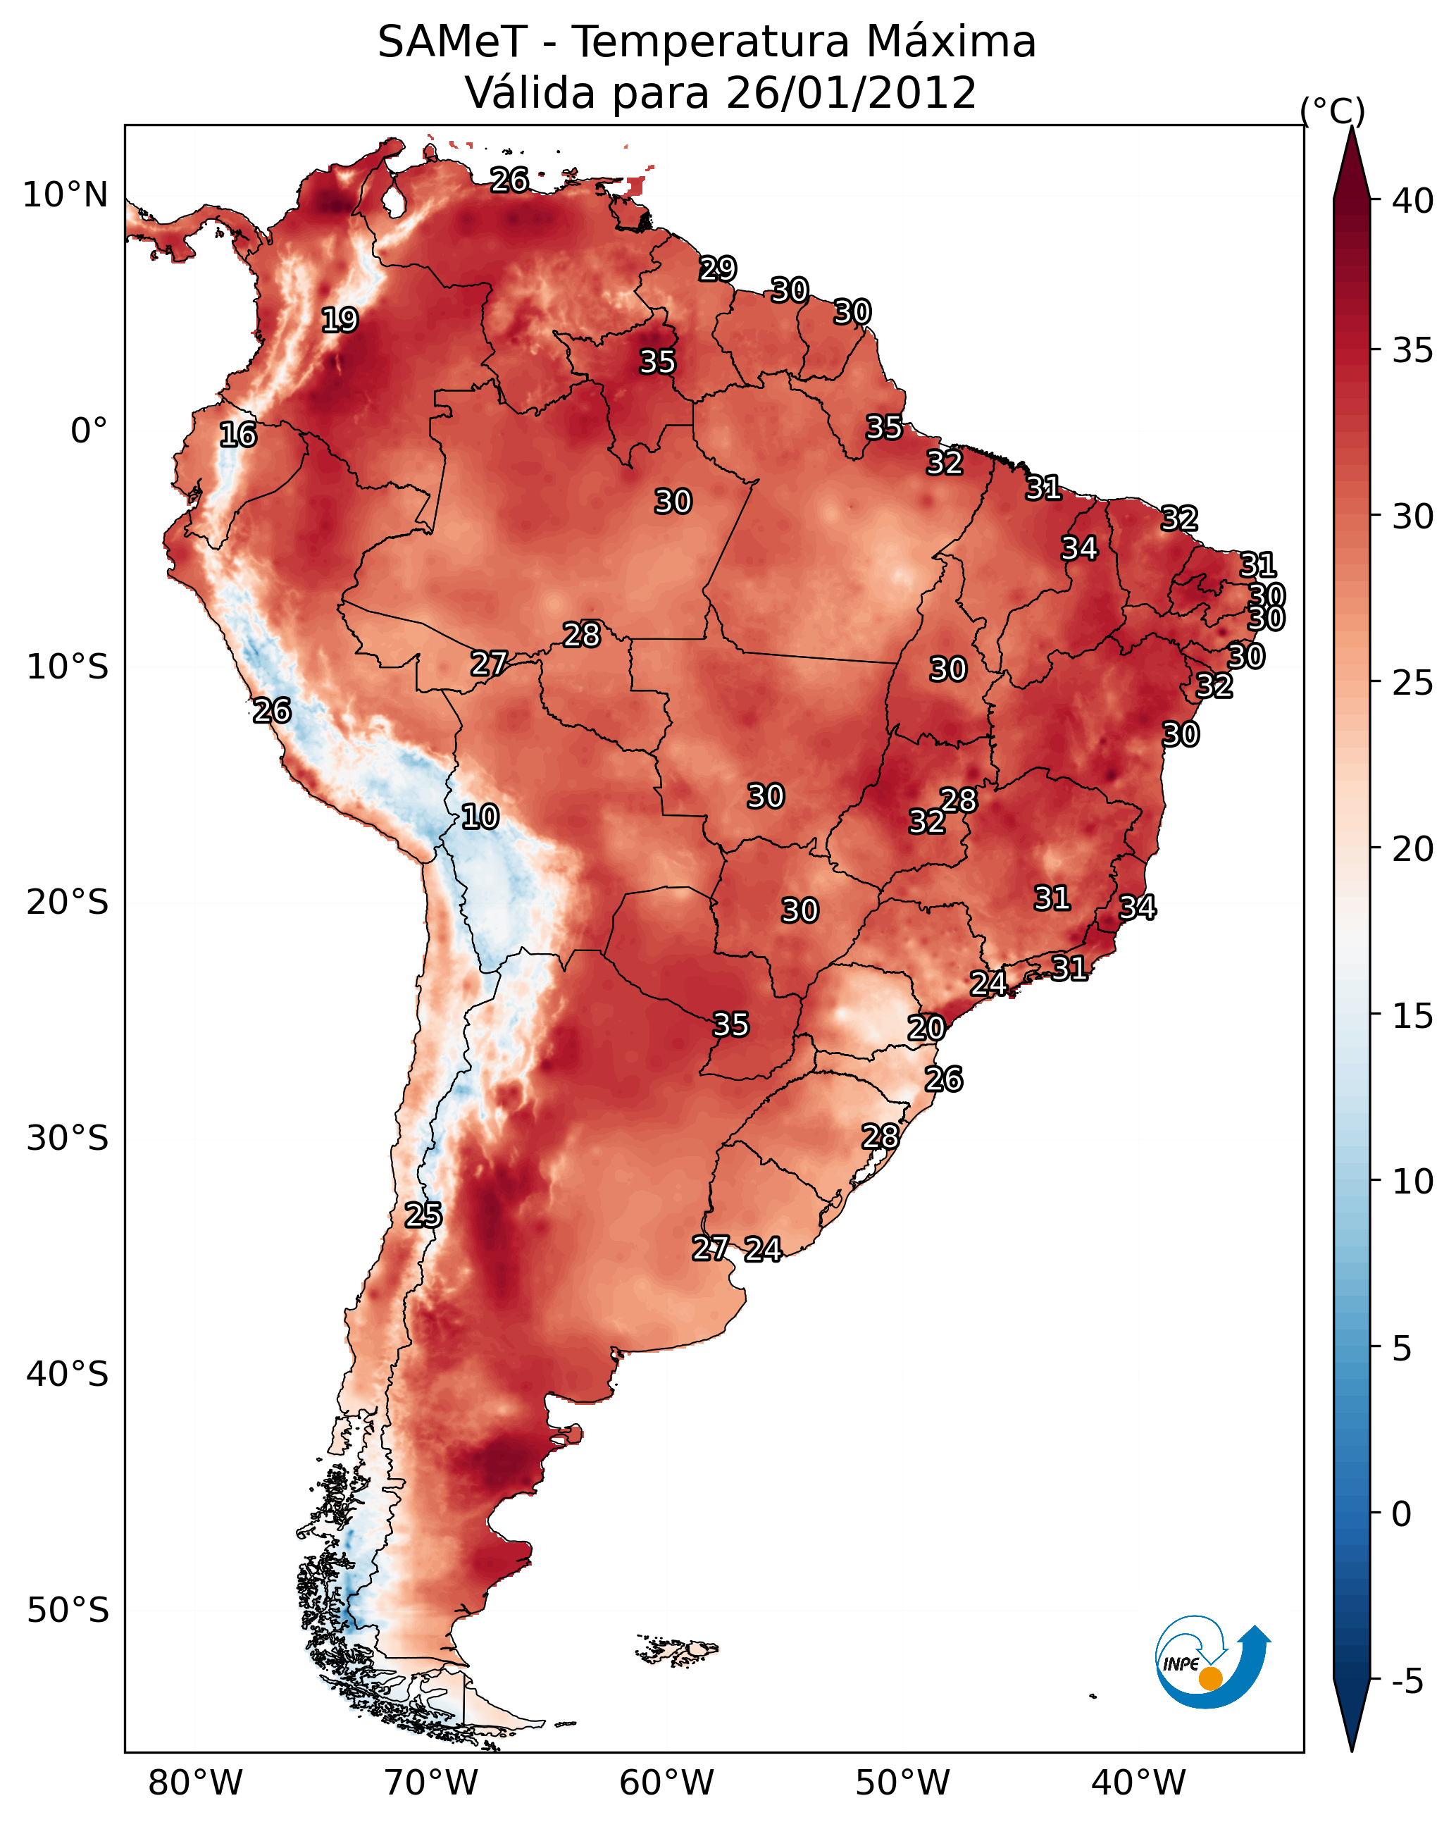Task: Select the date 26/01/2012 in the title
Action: click(851, 93)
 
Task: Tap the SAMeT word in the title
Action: click(452, 42)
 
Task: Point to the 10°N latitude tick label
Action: click(65, 195)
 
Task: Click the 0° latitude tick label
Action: click(89, 431)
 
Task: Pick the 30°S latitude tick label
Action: click(68, 1139)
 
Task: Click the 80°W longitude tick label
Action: click(195, 1784)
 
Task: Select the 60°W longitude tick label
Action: click(667, 1784)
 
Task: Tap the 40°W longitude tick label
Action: click(1138, 1784)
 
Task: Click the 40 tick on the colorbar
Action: click(1413, 201)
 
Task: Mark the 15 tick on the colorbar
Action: click(1413, 1016)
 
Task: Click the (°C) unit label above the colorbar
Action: click(1333, 111)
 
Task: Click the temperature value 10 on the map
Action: click(480, 817)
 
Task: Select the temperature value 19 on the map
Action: click(340, 321)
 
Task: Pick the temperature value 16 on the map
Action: click(237, 435)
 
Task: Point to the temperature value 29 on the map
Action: click(718, 268)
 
